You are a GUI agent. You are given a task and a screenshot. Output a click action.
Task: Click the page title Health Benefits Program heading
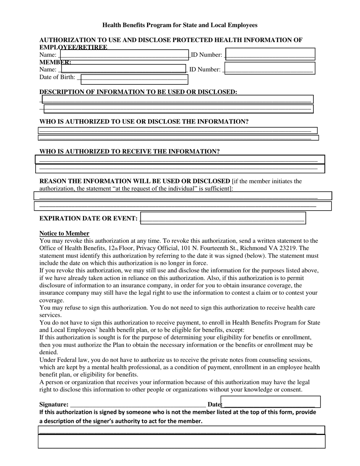coord(180,25)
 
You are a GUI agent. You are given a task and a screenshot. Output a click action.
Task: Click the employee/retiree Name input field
coord(124,55)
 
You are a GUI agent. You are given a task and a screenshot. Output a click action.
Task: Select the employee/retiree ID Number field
coord(270,54)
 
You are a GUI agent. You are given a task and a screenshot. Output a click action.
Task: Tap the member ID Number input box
coord(269,68)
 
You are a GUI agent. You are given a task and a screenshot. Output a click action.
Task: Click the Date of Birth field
coord(134,79)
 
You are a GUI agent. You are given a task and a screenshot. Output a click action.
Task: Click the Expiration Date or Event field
coord(223,218)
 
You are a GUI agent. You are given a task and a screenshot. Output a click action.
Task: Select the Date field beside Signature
coord(271,402)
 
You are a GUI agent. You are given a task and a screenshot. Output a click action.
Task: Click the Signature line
coord(138,405)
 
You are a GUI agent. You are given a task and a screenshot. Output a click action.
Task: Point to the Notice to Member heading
coord(64,233)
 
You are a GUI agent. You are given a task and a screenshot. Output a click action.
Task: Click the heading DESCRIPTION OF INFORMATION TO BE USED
coord(138,92)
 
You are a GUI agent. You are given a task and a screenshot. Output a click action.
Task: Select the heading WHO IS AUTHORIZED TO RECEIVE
coord(130,152)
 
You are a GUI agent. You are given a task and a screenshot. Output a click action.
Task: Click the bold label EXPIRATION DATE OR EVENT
coord(88,219)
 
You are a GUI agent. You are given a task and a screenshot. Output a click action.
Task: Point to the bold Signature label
coord(54,405)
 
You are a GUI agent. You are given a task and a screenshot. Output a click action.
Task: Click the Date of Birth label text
coord(57,77)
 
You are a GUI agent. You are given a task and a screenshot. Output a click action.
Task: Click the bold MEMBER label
coord(55,62)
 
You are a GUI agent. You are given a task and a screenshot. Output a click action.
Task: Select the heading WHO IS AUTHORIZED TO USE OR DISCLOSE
coord(144,122)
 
